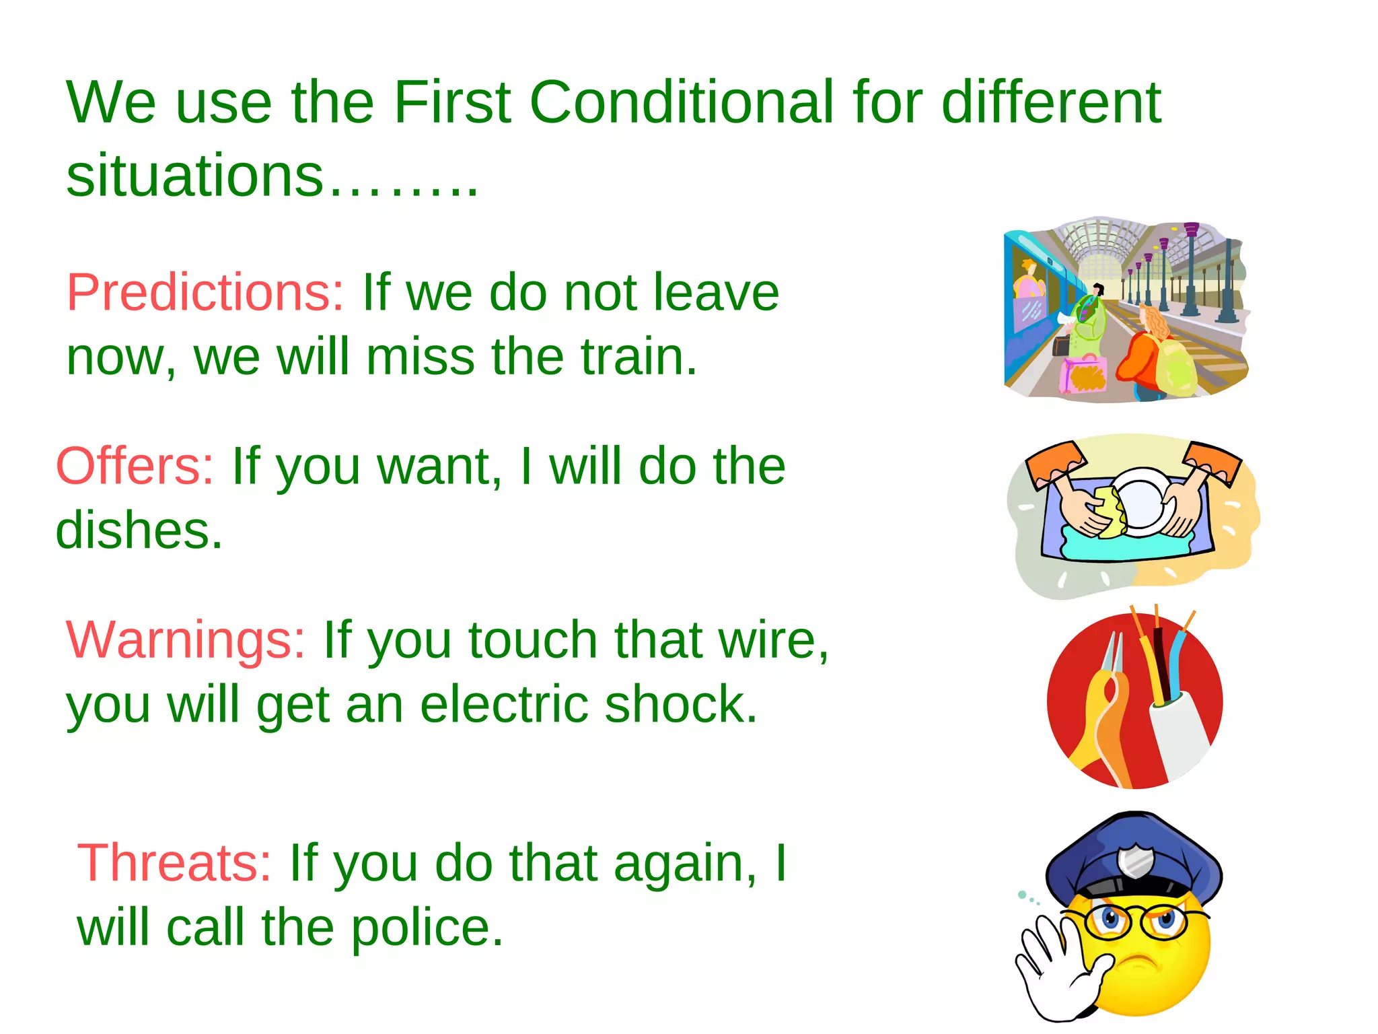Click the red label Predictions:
(x=205, y=293)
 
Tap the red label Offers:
(x=135, y=466)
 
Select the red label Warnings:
(x=186, y=640)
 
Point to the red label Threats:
(x=174, y=863)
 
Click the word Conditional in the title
(x=682, y=102)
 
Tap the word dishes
(x=138, y=530)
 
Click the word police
(x=427, y=928)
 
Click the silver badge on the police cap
(x=1136, y=862)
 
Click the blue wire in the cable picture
(x=1177, y=666)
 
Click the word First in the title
(x=452, y=102)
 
